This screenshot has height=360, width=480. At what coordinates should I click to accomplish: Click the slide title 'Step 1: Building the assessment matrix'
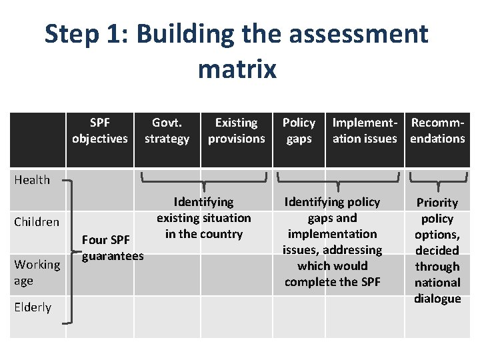(237, 50)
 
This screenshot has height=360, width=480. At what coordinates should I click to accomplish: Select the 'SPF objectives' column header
(100, 131)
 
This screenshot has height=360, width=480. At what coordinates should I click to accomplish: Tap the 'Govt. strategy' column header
(167, 131)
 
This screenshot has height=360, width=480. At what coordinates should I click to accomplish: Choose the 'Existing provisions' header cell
(236, 131)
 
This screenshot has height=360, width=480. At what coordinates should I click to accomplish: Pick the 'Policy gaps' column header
(299, 131)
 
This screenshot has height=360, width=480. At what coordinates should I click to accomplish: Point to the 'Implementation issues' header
(365, 131)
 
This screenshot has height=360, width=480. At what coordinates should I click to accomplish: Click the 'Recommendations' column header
(437, 131)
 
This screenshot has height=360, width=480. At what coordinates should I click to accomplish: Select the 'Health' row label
(32, 179)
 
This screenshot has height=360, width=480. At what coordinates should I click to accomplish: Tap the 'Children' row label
(37, 222)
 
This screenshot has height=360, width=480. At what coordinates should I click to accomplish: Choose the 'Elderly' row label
(33, 307)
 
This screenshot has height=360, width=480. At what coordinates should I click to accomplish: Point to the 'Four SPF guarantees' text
(112, 248)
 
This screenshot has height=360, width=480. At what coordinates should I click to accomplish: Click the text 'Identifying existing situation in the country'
(203, 218)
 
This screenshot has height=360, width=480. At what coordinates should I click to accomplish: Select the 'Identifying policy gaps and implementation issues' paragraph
(332, 241)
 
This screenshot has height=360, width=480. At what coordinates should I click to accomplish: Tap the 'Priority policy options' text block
(437, 250)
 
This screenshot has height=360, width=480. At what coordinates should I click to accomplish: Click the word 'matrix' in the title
(237, 68)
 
